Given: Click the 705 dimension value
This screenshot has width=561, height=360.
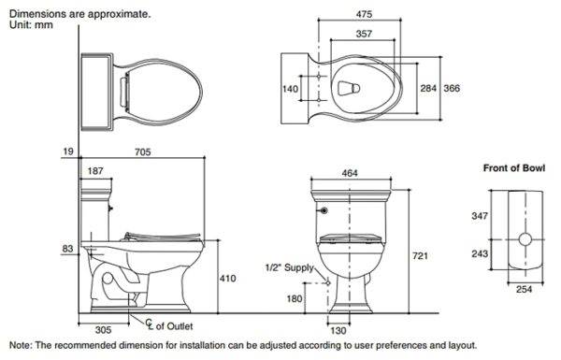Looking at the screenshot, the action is (x=143, y=152).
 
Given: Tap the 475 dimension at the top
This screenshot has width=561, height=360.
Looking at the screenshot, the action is (x=364, y=14).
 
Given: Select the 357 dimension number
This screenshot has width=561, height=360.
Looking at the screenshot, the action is (x=364, y=34).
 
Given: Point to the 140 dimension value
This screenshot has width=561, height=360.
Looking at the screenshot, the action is (x=290, y=89).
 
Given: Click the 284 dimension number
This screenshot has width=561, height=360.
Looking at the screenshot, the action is (x=428, y=88).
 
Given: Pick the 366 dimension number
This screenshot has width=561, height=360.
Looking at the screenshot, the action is (x=452, y=88).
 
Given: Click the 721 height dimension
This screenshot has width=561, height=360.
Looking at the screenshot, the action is (x=420, y=256).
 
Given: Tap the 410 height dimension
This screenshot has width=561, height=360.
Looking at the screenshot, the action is (x=227, y=278).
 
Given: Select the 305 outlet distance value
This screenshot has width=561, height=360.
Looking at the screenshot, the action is (x=104, y=329).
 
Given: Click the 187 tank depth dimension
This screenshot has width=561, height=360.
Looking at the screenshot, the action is (x=95, y=171).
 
